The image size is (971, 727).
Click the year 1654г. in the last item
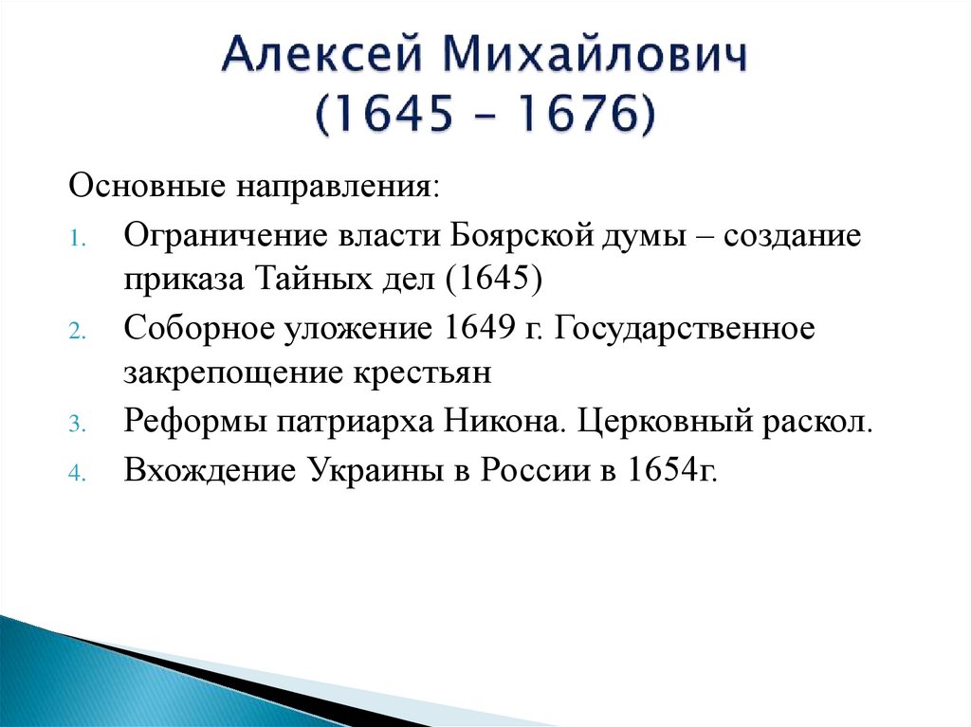pyautogui.click(x=668, y=468)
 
